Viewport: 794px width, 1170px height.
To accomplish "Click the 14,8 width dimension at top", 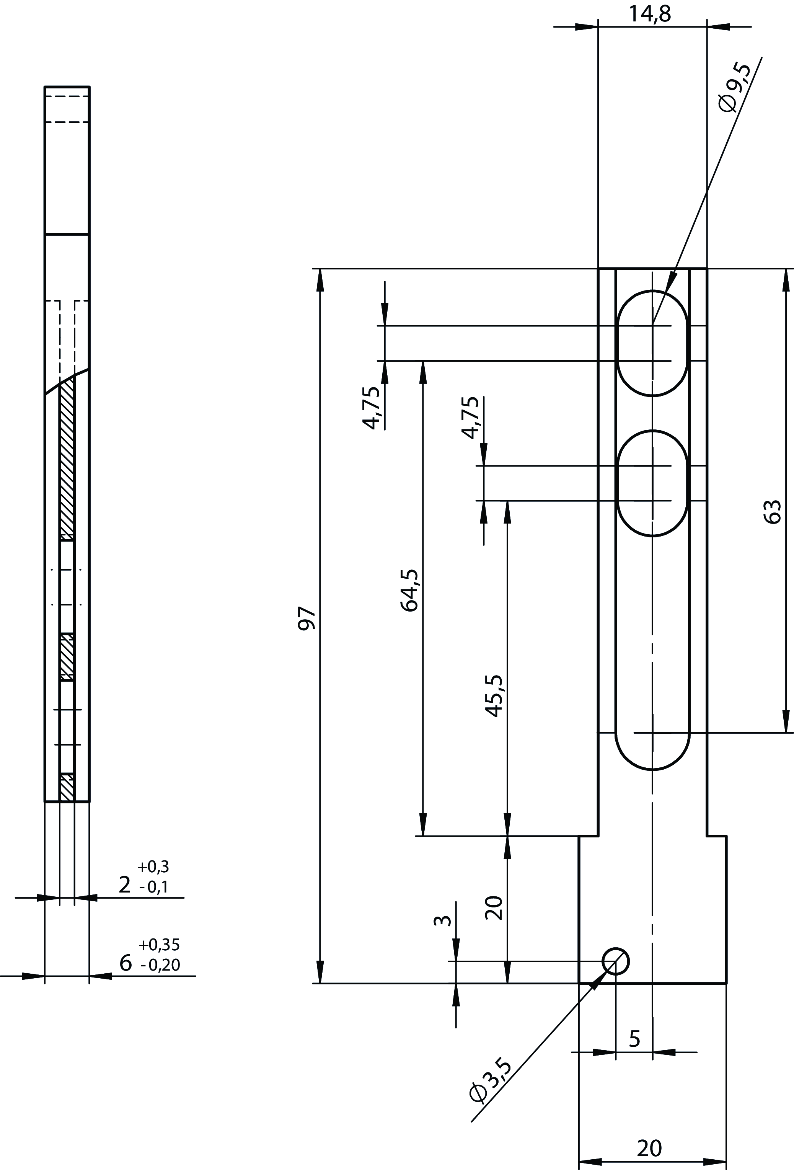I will [x=649, y=14].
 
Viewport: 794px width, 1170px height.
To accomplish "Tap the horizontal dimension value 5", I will [x=634, y=1039].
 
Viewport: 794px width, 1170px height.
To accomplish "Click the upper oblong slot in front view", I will [x=652, y=343].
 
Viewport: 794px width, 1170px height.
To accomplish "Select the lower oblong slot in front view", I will [x=652, y=483].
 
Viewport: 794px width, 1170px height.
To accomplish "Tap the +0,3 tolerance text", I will [x=153, y=866].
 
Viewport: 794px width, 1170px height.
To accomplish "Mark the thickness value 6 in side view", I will [x=126, y=963].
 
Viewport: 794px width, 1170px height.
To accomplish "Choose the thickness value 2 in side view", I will [x=124, y=884].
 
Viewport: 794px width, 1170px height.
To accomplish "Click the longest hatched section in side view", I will [x=67, y=458].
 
